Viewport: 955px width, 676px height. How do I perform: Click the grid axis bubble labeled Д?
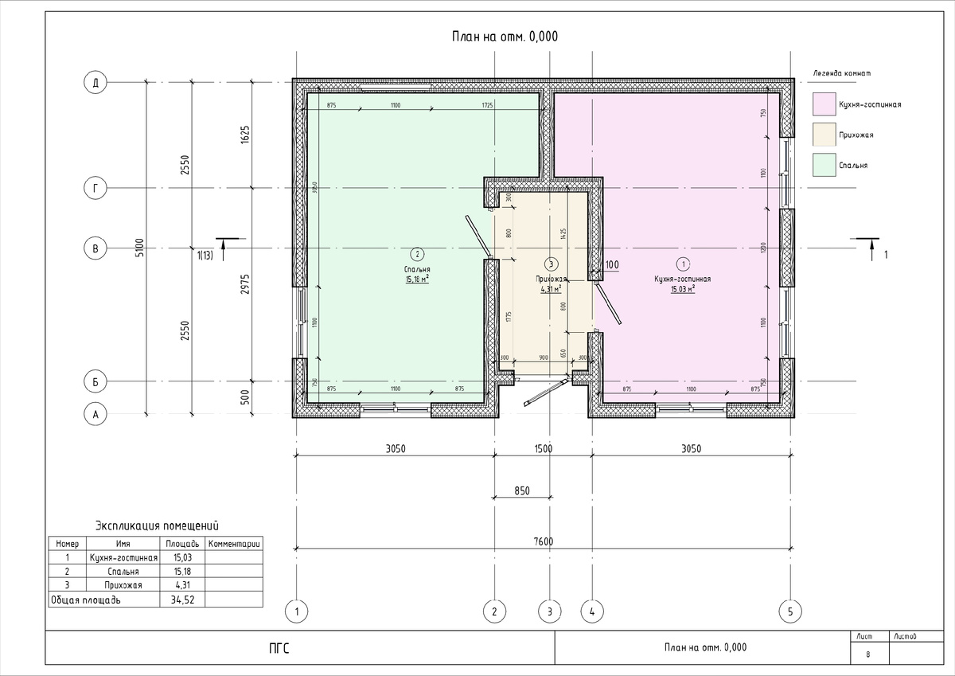95,82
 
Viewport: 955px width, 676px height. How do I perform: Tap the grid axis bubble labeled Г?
95,189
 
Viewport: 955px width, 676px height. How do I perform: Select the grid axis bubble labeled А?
95,414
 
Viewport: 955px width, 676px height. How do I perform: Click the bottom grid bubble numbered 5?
789,612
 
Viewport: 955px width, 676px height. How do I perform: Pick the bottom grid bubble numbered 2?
494,612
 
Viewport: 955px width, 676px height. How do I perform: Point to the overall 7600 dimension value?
543,542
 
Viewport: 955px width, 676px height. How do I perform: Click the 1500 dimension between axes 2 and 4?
543,449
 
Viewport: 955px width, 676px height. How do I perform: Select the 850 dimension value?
521,491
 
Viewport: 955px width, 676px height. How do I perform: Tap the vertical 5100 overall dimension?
140,248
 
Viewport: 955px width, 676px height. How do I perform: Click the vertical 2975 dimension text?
245,283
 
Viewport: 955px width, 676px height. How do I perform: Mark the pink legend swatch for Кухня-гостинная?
823,104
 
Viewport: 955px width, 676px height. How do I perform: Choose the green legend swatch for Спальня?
823,165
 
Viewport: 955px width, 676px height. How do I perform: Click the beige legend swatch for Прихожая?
823,135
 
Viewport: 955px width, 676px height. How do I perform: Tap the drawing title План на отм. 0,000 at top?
505,36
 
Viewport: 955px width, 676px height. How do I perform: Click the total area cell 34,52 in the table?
183,600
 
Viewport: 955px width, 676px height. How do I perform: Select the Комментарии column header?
234,544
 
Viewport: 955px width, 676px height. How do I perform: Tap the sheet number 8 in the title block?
867,655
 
